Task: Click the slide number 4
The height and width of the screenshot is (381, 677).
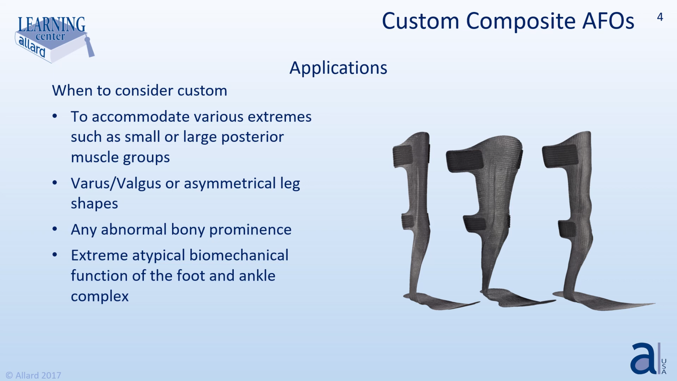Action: tap(660, 17)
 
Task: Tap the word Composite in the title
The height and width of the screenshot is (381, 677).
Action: tap(521, 21)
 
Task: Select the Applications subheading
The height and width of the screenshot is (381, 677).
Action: tap(338, 68)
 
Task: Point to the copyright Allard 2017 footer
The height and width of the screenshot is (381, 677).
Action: tap(34, 375)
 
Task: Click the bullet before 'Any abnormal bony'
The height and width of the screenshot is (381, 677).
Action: tap(55, 229)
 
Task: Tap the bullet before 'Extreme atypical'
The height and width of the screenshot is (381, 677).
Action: tap(55, 254)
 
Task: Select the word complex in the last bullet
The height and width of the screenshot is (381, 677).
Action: tap(99, 296)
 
